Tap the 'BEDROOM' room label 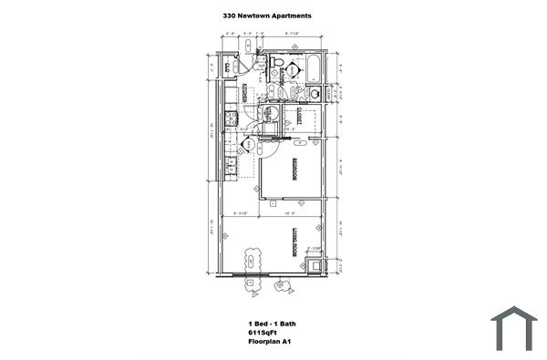295,170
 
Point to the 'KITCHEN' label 245,93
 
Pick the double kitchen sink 231,165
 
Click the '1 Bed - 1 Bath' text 272,324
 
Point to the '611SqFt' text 262,334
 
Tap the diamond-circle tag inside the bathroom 294,70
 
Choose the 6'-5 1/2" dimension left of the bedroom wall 242,212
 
